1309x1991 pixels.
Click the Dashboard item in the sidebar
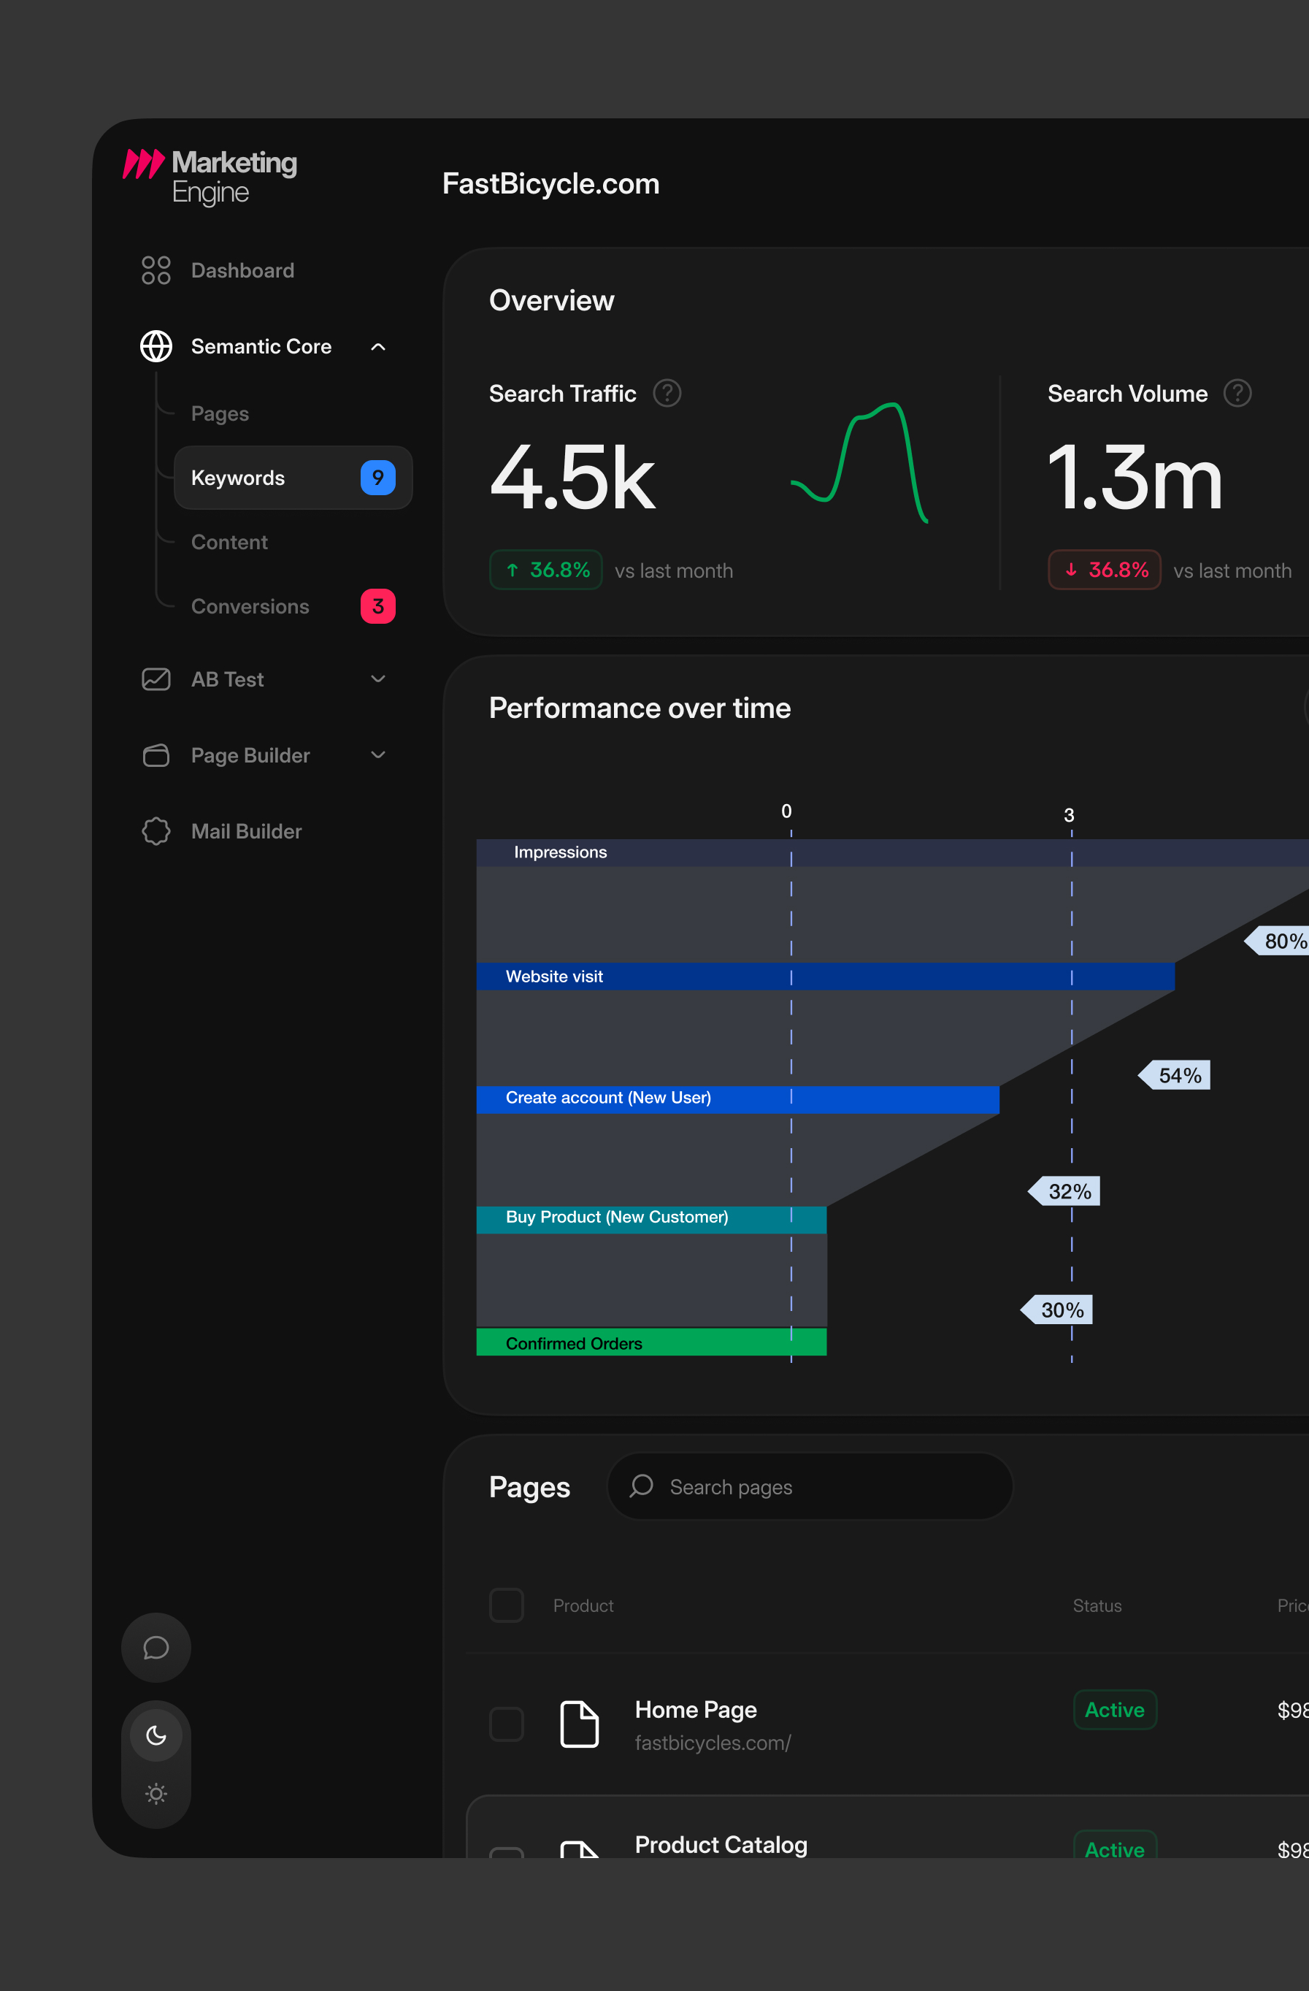pyautogui.click(x=218, y=270)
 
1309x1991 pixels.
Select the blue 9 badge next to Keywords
pyautogui.click(x=378, y=478)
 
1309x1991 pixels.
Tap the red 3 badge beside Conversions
pyautogui.click(x=378, y=606)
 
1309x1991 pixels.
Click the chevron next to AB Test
pyautogui.click(x=378, y=679)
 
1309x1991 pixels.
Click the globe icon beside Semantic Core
pyautogui.click(x=156, y=346)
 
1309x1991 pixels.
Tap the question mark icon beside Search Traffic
pyautogui.click(x=667, y=393)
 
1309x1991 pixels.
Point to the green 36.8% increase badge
pyautogui.click(x=546, y=570)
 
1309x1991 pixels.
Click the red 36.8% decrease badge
pyautogui.click(x=1104, y=570)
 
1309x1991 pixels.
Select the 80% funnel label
pyautogui.click(x=1277, y=941)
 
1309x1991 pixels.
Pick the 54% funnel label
pyautogui.click(x=1175, y=1075)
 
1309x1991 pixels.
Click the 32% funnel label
pyautogui.click(x=1064, y=1191)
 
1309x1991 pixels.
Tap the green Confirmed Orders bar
pyautogui.click(x=651, y=1342)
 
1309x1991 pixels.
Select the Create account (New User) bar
pyautogui.click(x=737, y=1099)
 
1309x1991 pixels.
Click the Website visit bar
pyautogui.click(x=826, y=977)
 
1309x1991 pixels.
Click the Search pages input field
pyautogui.click(x=810, y=1486)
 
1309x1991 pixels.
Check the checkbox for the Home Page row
pyautogui.click(x=507, y=1724)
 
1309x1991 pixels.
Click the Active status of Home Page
pyautogui.click(x=1115, y=1710)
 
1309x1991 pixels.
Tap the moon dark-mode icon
pyautogui.click(x=156, y=1736)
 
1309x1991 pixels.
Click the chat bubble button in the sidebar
pyautogui.click(x=156, y=1648)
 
